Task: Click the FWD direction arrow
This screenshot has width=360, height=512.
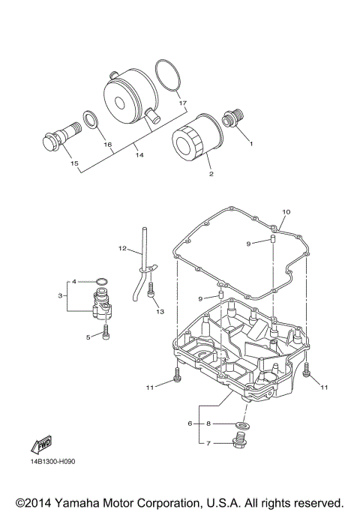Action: pos(41,445)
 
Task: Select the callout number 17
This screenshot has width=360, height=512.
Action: pos(183,103)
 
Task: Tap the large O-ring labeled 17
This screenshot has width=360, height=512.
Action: pos(168,76)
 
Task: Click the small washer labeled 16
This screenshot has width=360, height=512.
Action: pos(91,119)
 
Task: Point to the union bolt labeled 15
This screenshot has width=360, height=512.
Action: pos(61,139)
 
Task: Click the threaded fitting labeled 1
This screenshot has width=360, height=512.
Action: pos(233,119)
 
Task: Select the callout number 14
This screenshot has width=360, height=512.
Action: pos(139,155)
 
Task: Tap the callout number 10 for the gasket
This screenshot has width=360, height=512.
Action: pos(286,212)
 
